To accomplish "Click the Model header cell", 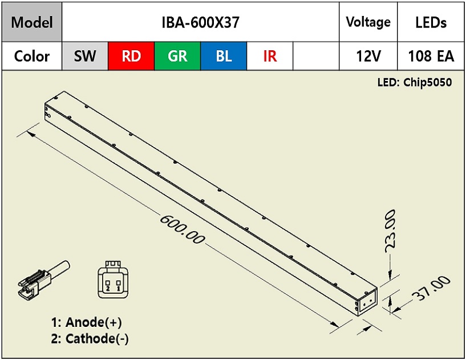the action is tap(32, 22).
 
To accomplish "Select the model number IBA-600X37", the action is tap(200, 22).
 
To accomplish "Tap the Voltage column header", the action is tap(368, 22).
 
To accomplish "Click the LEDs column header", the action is tap(431, 22).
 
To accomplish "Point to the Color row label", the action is tap(32, 56).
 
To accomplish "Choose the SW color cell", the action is tap(85, 56).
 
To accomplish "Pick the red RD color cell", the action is tap(131, 56).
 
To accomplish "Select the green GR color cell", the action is tap(177, 56).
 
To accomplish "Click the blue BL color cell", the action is tap(224, 56).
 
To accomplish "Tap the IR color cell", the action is tap(270, 56).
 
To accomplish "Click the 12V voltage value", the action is tap(368, 56).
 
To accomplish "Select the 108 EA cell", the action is tap(431, 56).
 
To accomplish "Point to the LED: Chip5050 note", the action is tap(415, 82).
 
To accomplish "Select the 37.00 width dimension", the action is tap(431, 288).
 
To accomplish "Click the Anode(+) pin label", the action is tap(87, 322).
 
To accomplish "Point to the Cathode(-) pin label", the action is tap(90, 338).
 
